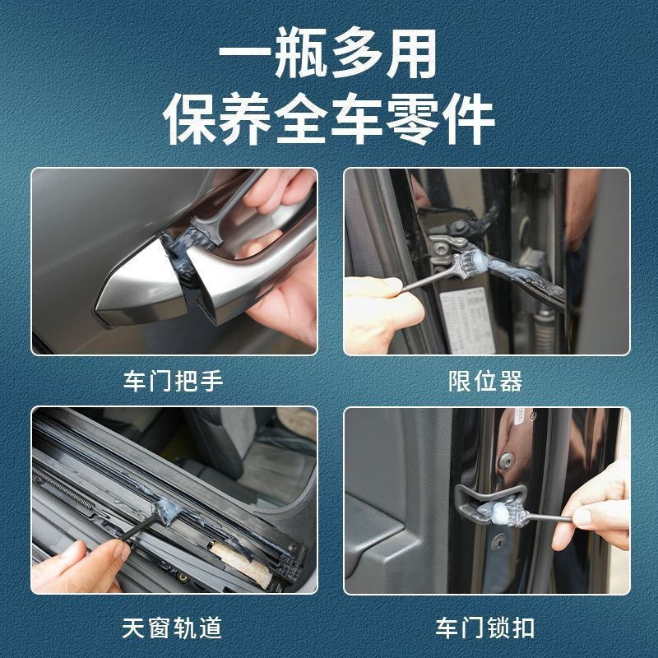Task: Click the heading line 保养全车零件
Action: coord(329,121)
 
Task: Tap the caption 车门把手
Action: coord(174,382)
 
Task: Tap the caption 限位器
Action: coord(485,382)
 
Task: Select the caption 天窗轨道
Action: coord(174,628)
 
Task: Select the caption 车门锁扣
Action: coord(485,628)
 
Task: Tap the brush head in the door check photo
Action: coord(464,262)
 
